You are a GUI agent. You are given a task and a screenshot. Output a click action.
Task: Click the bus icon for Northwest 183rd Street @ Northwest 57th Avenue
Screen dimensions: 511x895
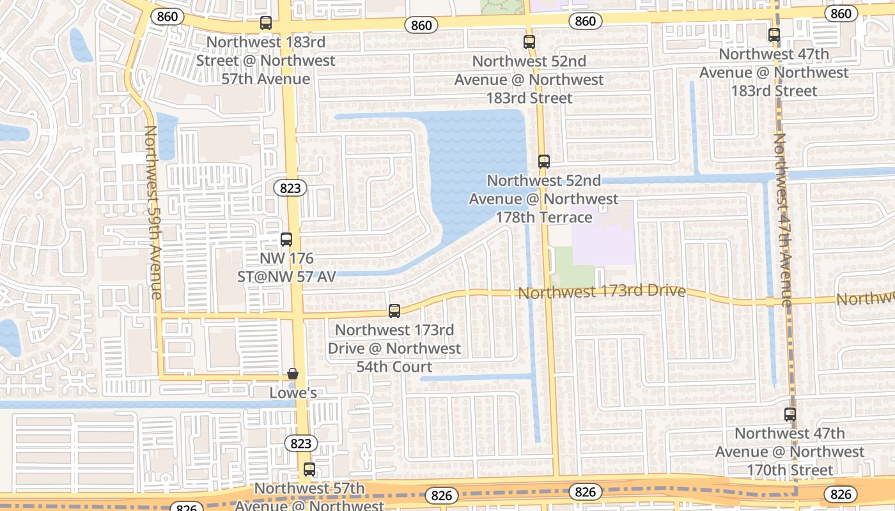[265, 23]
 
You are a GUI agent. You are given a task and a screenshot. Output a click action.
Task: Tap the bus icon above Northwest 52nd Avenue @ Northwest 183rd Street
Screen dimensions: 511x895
[529, 42]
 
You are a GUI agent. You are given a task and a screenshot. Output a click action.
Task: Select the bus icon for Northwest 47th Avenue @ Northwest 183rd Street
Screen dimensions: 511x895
[774, 34]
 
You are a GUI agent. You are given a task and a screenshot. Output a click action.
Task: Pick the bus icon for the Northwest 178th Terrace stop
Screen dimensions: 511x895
[543, 162]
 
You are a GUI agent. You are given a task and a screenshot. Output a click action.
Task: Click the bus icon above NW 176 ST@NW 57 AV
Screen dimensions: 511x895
[286, 240]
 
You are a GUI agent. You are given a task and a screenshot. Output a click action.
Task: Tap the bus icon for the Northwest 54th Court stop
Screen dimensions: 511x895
[394, 311]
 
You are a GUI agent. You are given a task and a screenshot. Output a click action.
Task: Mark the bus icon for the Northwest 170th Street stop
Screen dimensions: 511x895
[790, 414]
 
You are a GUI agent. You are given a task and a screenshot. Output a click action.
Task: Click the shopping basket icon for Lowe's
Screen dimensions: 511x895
[293, 374]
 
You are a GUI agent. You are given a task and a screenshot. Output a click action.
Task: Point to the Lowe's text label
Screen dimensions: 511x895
[293, 392]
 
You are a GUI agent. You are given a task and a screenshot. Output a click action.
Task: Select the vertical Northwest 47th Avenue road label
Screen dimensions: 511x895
[782, 220]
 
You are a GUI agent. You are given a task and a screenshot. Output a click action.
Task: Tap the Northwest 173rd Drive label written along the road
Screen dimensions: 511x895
[602, 292]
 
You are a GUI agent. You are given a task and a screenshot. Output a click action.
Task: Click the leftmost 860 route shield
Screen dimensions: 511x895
[167, 16]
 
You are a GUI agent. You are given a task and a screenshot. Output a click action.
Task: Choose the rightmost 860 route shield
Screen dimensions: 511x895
[841, 13]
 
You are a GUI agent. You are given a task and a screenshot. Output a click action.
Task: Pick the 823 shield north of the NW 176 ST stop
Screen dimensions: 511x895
[290, 188]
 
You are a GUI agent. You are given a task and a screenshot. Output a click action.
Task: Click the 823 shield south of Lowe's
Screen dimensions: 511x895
[300, 443]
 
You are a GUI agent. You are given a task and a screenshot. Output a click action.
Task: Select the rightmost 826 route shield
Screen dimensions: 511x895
[841, 494]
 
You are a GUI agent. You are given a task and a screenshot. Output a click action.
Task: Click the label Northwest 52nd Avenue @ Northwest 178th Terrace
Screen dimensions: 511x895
[544, 199]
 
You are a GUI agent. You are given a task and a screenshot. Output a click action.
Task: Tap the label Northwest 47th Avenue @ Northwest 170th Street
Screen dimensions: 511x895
[790, 452]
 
